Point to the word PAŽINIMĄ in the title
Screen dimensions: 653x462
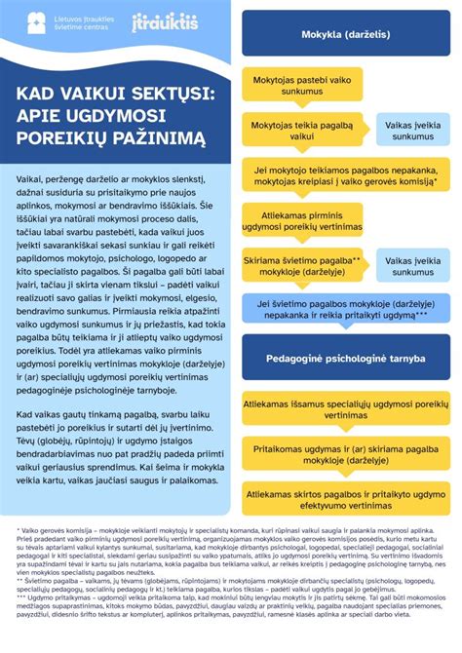[160, 139]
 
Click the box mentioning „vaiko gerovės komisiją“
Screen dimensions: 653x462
[347, 175]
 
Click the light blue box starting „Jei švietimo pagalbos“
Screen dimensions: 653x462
[347, 309]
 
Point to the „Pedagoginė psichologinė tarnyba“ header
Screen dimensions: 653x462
[347, 358]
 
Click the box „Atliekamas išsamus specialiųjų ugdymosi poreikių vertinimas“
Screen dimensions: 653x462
[347, 407]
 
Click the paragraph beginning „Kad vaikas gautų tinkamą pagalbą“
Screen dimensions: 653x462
[122, 456]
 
